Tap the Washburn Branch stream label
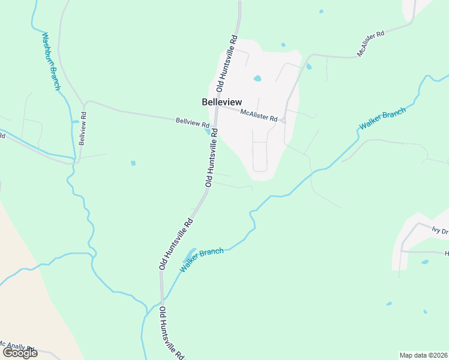click(51, 61)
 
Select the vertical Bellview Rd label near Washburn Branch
click(83, 128)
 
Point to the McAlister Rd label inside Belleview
click(259, 115)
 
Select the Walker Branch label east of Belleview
click(382, 118)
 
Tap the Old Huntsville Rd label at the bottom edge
click(171, 333)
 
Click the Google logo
click(20, 353)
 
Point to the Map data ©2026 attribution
click(424, 355)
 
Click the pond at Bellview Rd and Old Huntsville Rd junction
click(208, 131)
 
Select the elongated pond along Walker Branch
click(190, 254)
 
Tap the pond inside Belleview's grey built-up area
click(258, 78)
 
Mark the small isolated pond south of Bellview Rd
click(133, 163)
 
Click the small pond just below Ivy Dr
click(425, 262)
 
